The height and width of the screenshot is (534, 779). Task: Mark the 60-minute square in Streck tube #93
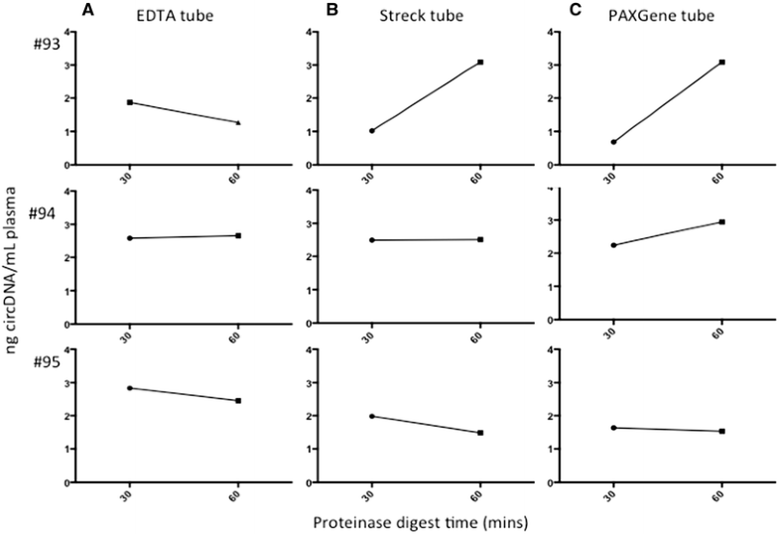[480, 63]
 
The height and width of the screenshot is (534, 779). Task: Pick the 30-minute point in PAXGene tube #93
[613, 142]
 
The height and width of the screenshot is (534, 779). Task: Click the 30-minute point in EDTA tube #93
[130, 102]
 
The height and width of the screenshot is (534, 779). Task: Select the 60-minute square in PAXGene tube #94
[721, 222]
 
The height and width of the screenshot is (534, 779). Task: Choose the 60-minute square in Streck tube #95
[480, 433]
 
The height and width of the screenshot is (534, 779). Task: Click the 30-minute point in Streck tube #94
[372, 240]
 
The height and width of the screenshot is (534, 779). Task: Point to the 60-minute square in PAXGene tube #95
[721, 432]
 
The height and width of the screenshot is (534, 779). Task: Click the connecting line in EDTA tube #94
[184, 237]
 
